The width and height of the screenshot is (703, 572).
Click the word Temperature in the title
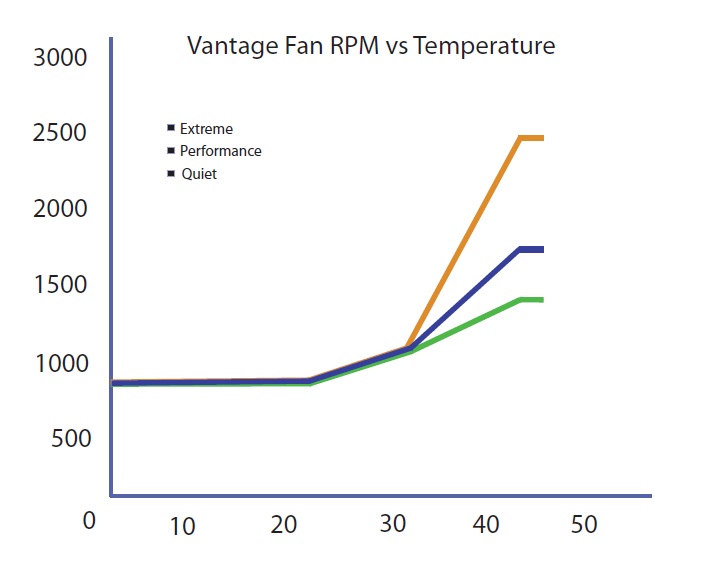click(490, 46)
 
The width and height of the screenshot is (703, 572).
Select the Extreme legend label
click(206, 129)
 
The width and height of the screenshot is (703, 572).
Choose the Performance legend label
click(220, 151)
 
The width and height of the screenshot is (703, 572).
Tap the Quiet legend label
click(198, 174)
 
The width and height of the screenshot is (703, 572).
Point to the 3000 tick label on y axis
click(60, 57)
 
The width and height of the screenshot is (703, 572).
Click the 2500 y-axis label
click(60, 133)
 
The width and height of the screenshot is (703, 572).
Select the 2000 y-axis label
click(60, 209)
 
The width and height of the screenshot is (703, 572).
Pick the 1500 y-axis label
click(60, 285)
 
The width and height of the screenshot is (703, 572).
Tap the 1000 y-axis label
click(60, 362)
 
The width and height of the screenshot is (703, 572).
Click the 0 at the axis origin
click(90, 521)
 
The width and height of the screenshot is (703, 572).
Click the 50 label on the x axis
click(584, 524)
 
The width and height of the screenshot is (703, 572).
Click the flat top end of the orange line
click(531, 138)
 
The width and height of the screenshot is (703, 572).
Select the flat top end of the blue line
click(531, 249)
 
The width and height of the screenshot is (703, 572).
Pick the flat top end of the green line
click(531, 299)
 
